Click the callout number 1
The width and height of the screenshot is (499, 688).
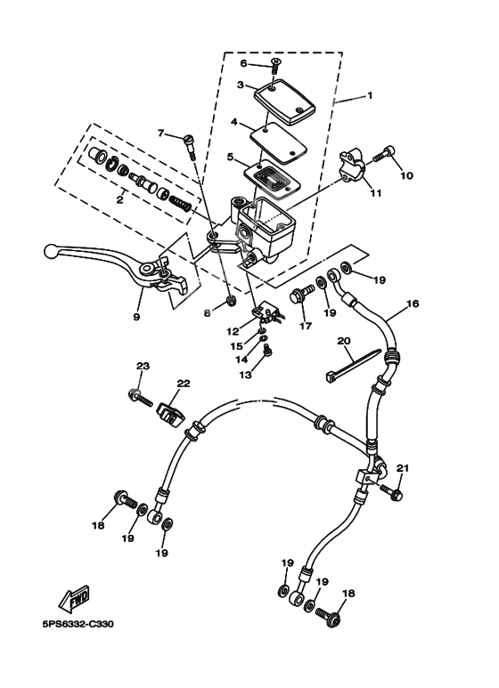[371, 95]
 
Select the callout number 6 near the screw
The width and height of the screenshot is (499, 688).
[242, 63]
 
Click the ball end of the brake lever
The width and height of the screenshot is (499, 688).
[53, 251]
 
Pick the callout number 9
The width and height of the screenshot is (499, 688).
[136, 315]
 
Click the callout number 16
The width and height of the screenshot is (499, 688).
[413, 304]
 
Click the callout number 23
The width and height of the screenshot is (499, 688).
[142, 367]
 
